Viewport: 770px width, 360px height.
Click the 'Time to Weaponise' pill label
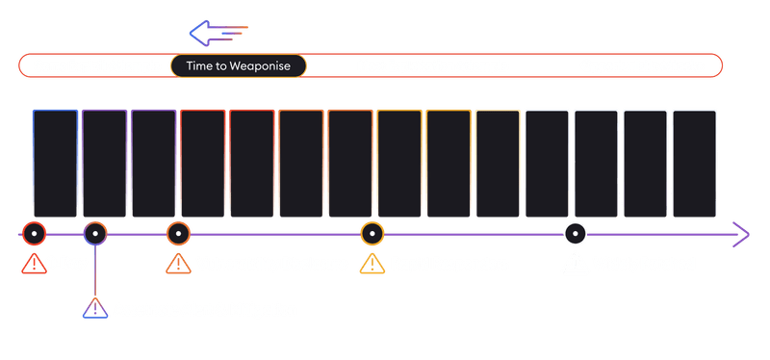[x=238, y=65]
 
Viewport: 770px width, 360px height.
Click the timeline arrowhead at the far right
[x=742, y=233]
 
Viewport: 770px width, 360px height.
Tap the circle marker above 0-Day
[x=33, y=233]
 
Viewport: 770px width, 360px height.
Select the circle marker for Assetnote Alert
[x=94, y=233]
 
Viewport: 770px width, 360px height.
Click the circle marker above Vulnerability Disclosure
[x=177, y=233]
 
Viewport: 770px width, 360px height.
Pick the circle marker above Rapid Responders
[x=372, y=233]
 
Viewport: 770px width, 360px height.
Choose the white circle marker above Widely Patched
[x=575, y=233]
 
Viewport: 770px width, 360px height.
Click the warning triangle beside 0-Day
[x=32, y=262]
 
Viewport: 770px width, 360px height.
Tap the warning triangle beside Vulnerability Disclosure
[x=177, y=262]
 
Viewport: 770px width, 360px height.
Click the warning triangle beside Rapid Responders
[x=372, y=262]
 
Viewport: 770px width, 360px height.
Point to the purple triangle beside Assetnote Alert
[x=94, y=309]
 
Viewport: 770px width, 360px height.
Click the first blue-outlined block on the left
[x=55, y=164]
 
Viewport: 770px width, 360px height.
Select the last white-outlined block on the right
[x=693, y=164]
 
